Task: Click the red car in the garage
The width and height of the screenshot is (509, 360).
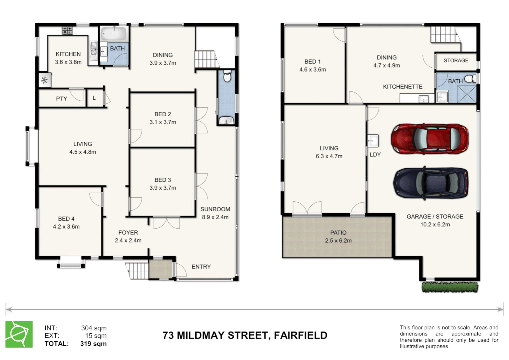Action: pyautogui.click(x=430, y=139)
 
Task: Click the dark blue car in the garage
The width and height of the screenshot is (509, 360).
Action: pyautogui.click(x=431, y=183)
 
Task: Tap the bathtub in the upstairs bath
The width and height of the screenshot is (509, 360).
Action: pyautogui.click(x=114, y=34)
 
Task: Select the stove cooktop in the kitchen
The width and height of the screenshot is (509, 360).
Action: pyautogui.click(x=67, y=31)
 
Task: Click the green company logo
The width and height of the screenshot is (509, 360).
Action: pyautogui.click(x=19, y=334)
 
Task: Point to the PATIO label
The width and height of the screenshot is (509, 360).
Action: pyautogui.click(x=338, y=233)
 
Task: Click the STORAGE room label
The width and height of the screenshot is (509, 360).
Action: pyautogui.click(x=456, y=61)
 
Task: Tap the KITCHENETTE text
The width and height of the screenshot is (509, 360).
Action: pyautogui.click(x=402, y=87)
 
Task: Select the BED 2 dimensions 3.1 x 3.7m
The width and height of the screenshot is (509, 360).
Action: pyautogui.click(x=163, y=122)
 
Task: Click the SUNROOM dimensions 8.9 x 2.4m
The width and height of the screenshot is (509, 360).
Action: pyautogui.click(x=215, y=217)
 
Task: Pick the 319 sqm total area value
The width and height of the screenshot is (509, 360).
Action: pyautogui.click(x=93, y=344)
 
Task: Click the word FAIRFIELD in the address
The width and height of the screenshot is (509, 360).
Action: pyautogui.click(x=300, y=335)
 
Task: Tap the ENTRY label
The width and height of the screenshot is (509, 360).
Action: pyautogui.click(x=201, y=267)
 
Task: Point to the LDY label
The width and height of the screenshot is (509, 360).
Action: pyautogui.click(x=375, y=155)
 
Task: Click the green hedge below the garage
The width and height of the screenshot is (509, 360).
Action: pyautogui.click(x=450, y=287)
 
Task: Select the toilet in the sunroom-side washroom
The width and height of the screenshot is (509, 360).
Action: pyautogui.click(x=227, y=76)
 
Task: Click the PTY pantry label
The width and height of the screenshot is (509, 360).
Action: pyautogui.click(x=61, y=99)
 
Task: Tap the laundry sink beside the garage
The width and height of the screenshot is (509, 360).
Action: pyautogui.click(x=373, y=141)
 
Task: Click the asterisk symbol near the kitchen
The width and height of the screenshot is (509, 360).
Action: pyautogui.click(x=44, y=80)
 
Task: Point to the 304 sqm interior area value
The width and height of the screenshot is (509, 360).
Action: pyautogui.click(x=94, y=328)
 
